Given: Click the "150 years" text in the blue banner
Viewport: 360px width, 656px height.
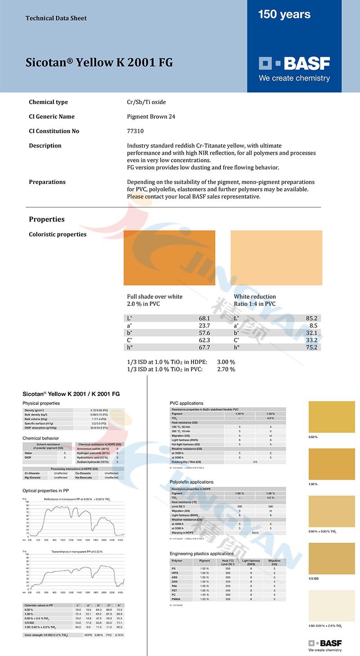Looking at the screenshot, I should click(284, 14).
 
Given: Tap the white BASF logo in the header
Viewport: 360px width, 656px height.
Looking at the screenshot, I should click(294, 63).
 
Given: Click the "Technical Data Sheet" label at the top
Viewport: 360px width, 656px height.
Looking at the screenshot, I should click(56, 18).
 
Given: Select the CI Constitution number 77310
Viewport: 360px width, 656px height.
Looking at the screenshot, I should click(135, 131).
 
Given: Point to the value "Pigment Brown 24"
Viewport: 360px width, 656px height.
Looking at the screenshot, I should click(151, 117).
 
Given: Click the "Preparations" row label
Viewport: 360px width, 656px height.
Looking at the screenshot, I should click(47, 182).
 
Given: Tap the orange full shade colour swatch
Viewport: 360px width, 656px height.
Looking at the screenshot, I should click(169, 257).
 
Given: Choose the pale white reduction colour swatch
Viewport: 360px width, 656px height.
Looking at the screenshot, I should click(276, 257).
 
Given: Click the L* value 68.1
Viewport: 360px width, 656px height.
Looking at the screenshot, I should click(204, 318).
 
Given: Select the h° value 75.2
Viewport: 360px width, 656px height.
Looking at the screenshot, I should click(312, 347).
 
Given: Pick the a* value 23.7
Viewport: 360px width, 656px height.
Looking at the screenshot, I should click(204, 325).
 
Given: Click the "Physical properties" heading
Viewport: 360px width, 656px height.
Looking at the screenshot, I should click(41, 403).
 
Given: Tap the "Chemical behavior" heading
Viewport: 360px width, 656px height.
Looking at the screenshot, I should click(40, 438).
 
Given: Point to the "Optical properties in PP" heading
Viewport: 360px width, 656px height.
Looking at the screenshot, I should click(45, 490).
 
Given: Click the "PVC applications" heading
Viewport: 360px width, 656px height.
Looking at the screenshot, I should click(186, 403).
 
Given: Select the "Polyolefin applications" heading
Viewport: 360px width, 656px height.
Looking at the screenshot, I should click(191, 482).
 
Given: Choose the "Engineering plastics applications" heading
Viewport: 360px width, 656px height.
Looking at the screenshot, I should click(201, 553).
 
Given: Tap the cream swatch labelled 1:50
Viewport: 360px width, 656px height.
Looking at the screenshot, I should click(332, 605).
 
